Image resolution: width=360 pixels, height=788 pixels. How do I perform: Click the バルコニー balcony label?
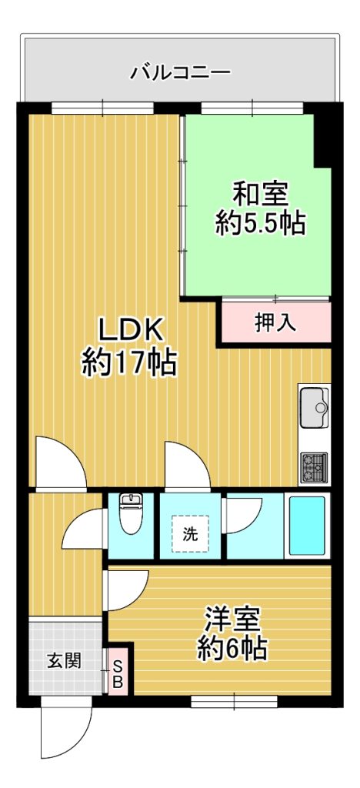click(180, 73)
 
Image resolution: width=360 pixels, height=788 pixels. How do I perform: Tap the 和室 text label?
click(260, 195)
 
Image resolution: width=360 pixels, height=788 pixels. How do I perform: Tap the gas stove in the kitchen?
click(314, 467)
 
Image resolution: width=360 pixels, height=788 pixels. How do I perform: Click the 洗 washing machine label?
click(190, 535)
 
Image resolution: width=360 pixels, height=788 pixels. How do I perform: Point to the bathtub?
click(307, 525)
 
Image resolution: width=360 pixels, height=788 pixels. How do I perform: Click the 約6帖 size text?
click(232, 649)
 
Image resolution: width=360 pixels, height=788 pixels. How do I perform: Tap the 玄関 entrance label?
click(65, 659)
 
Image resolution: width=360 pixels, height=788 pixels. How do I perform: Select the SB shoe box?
click(118, 674)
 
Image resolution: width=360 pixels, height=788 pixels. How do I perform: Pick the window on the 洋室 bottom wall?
click(234, 701)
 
